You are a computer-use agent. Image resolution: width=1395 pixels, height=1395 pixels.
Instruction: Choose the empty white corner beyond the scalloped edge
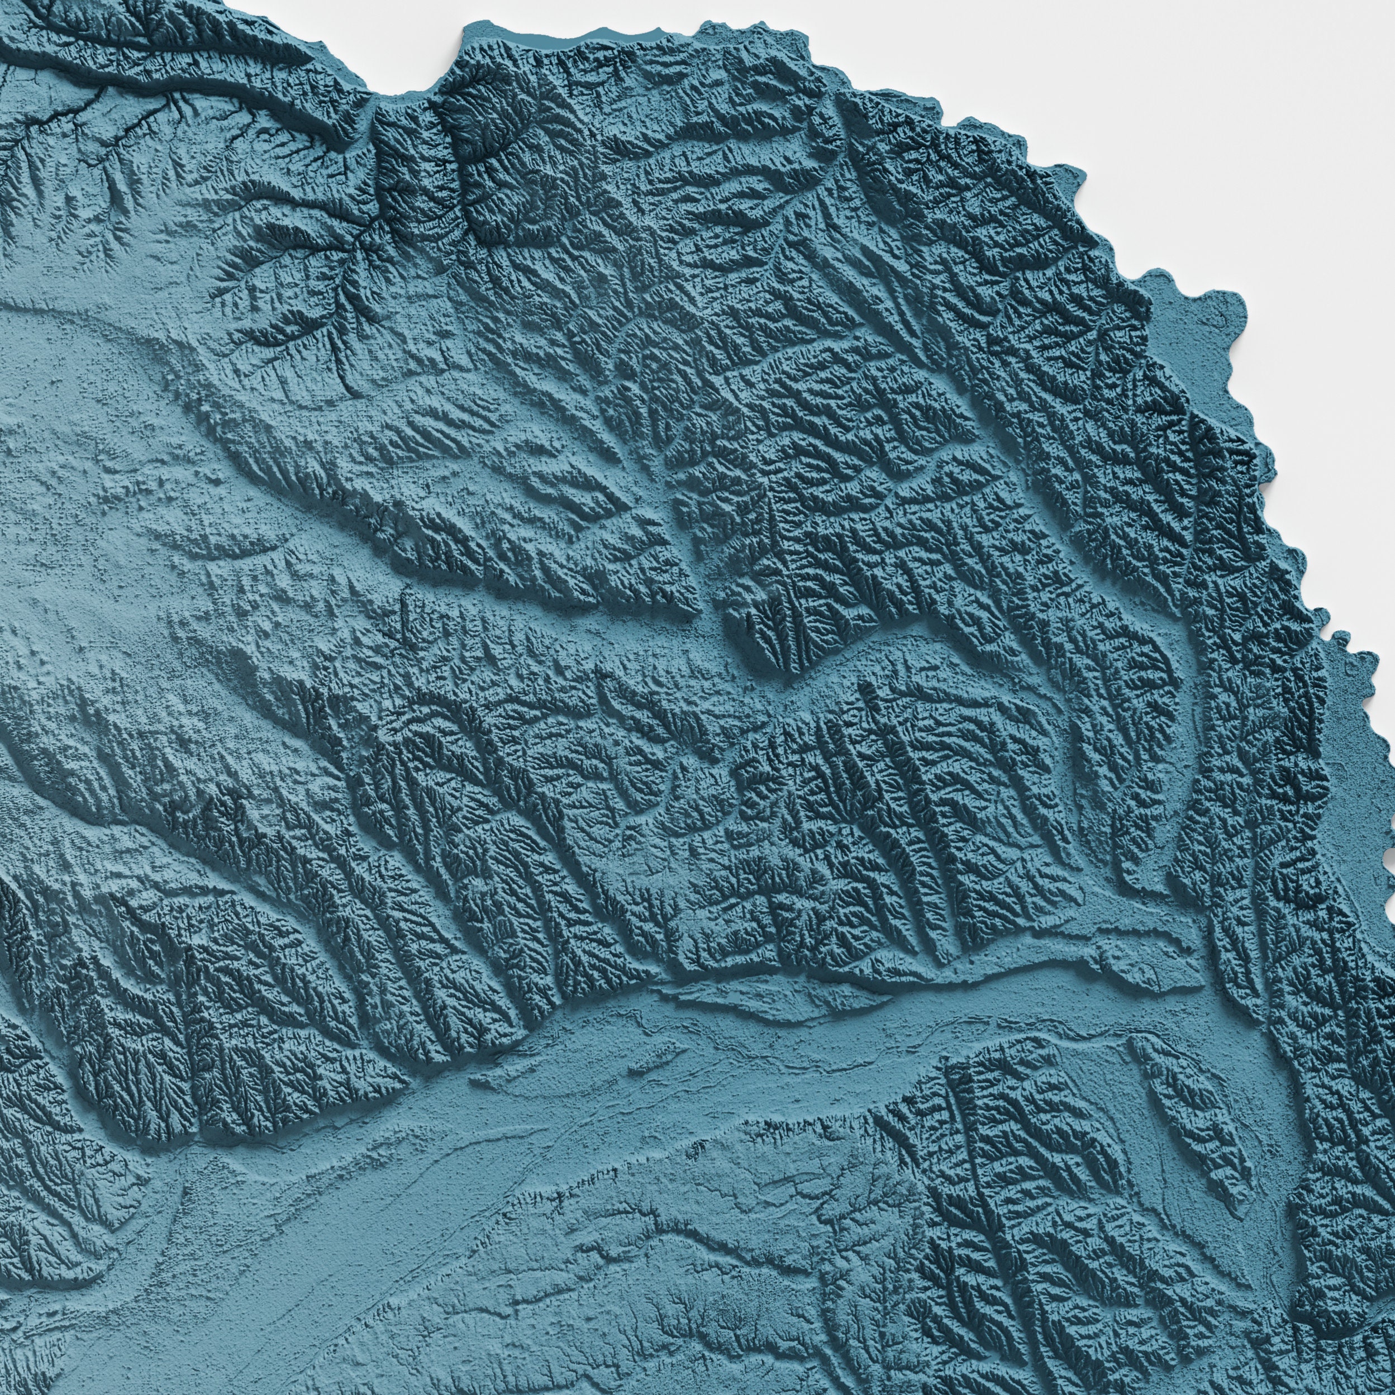click(x=1299, y=108)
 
